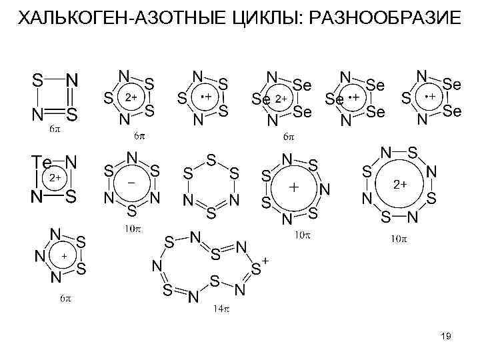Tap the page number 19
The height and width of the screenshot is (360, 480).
pos(446,337)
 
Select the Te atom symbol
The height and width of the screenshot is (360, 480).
pos(43,162)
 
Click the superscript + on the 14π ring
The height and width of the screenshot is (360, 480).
pos(266,261)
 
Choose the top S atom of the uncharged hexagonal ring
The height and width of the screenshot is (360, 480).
pos(211,161)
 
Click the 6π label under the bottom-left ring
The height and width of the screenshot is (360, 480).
pos(64,299)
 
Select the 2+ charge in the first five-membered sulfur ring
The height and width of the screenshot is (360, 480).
pos(131,97)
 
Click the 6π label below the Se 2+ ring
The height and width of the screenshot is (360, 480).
pos(288,136)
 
